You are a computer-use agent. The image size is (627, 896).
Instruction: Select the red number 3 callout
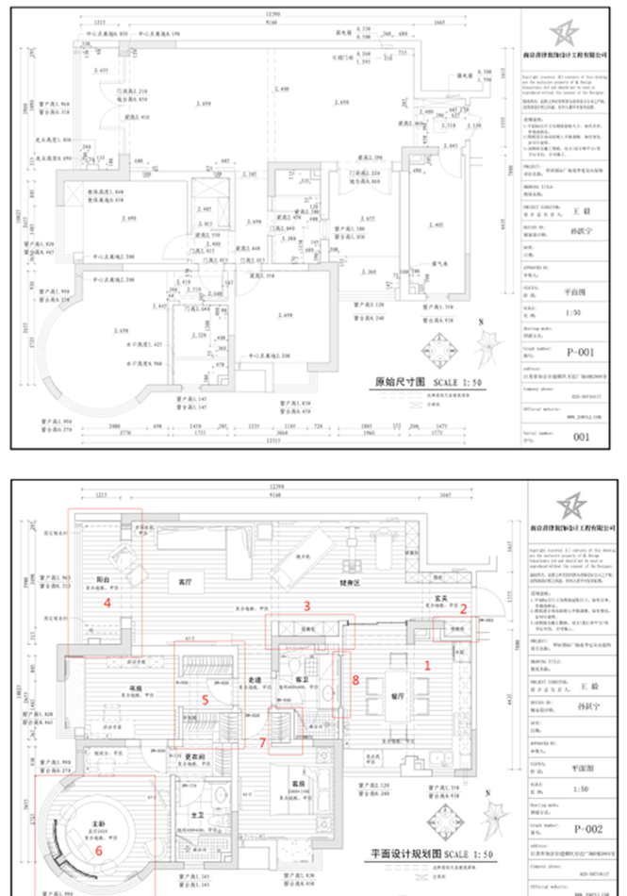305,604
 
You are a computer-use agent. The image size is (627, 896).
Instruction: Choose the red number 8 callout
355,678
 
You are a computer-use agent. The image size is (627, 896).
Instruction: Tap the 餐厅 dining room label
397,693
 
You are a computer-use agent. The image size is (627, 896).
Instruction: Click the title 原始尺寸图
395,384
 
